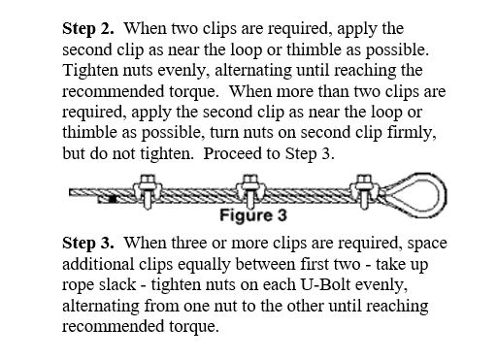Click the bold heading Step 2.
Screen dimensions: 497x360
[88, 29]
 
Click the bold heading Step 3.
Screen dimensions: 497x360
[88, 244]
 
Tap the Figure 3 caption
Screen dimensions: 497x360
[253, 215]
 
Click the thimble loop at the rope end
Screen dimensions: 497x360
[416, 195]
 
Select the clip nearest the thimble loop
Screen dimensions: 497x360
[364, 191]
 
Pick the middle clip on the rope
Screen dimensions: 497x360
[249, 191]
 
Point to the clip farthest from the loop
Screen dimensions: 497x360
[148, 191]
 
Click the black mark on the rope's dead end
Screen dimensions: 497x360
[113, 199]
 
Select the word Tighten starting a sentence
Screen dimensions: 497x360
[90, 71]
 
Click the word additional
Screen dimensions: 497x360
[98, 264]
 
